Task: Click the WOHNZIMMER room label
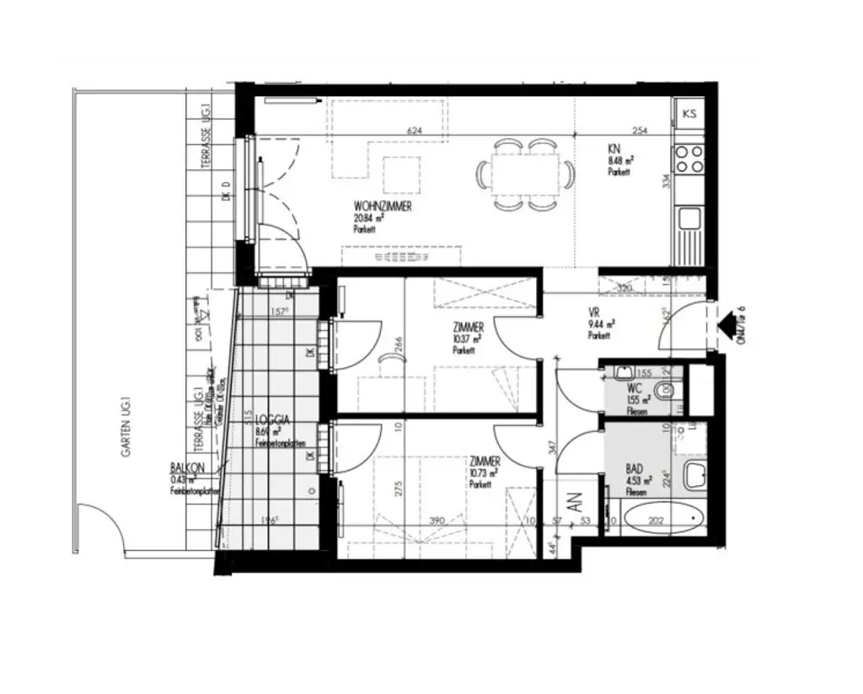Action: (x=383, y=206)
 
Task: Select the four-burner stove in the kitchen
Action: (x=689, y=158)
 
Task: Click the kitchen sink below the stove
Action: (x=689, y=219)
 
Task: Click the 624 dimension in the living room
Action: (x=413, y=131)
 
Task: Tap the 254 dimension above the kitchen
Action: (x=640, y=131)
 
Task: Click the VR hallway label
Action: (x=593, y=312)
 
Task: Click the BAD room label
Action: (x=635, y=467)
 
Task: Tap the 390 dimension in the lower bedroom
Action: (x=438, y=521)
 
